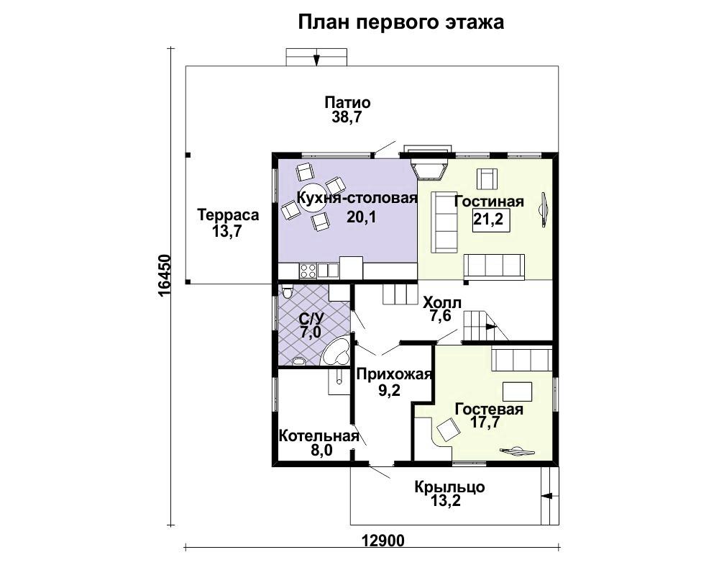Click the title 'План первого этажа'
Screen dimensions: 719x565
click(x=401, y=22)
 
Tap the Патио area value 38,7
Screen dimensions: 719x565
click(x=347, y=117)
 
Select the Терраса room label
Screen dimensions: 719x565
click(x=228, y=214)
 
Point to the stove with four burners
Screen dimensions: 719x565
click(x=308, y=271)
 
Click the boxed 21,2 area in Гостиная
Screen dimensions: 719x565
click(x=488, y=219)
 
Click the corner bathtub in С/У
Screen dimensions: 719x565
click(x=336, y=351)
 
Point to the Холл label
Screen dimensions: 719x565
click(x=442, y=302)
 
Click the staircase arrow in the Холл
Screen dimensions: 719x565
click(x=490, y=326)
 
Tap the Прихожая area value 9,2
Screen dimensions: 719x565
click(x=389, y=390)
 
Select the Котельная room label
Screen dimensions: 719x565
click(x=319, y=435)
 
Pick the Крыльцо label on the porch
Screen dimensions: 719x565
click(x=449, y=487)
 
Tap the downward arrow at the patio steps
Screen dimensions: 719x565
click(x=316, y=60)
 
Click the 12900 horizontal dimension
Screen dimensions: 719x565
click(x=383, y=541)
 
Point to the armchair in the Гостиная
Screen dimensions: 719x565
click(x=487, y=179)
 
